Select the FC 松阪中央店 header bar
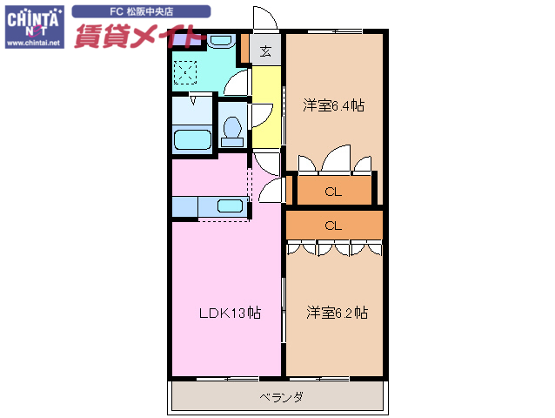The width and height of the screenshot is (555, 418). [141, 12]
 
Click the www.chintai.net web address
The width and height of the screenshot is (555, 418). [33, 42]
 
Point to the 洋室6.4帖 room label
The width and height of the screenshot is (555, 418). [333, 105]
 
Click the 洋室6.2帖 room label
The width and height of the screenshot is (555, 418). [336, 312]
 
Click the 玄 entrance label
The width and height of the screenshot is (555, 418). [265, 49]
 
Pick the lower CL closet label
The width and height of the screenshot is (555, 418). [332, 225]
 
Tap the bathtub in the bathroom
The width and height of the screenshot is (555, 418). [192, 139]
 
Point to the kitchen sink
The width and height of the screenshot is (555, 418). [230, 206]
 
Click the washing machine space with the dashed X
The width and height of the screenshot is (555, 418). [186, 70]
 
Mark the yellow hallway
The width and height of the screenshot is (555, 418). [265, 109]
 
